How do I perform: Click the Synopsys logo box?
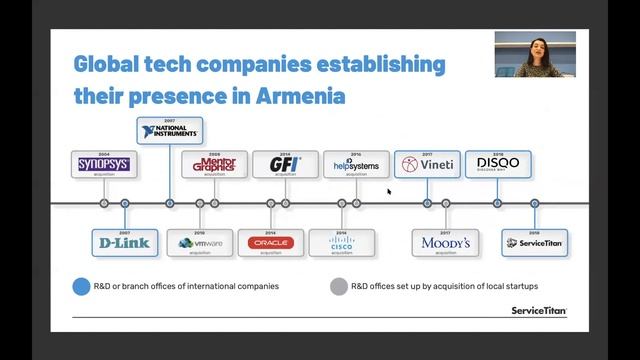pyautogui.click(x=104, y=163)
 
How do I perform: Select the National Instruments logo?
pyautogui.click(x=170, y=131)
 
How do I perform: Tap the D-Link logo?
pyautogui.click(x=124, y=243)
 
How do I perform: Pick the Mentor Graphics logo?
pyautogui.click(x=214, y=163)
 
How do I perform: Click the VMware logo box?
pyautogui.click(x=200, y=243)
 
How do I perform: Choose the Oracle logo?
pyautogui.click(x=270, y=243)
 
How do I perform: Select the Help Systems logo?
pyautogui.click(x=356, y=163)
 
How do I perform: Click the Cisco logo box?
pyautogui.click(x=341, y=243)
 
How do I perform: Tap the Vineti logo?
pyautogui.click(x=427, y=164)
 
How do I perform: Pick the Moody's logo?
pyautogui.click(x=446, y=243)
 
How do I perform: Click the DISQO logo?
pyautogui.click(x=498, y=163)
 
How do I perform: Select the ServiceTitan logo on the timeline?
pyautogui.click(x=535, y=243)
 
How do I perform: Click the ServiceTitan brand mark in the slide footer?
pyautogui.click(x=538, y=311)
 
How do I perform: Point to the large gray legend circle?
pyautogui.click(x=339, y=286)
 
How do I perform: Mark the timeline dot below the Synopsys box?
pyautogui.click(x=104, y=203)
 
